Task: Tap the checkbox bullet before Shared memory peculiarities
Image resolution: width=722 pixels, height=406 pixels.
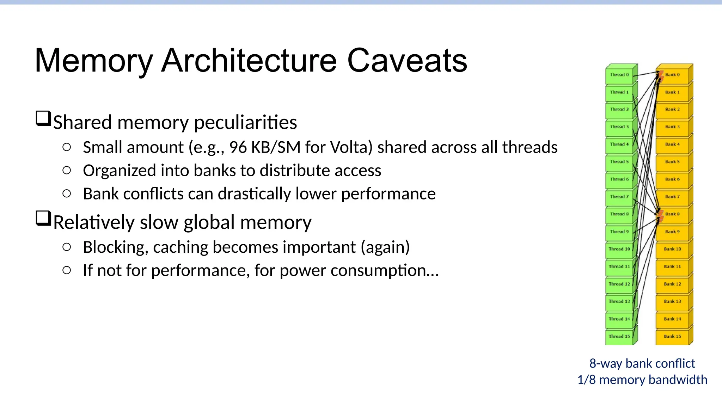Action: [x=43, y=118]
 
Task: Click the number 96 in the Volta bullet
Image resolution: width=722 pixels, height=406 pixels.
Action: [x=238, y=147]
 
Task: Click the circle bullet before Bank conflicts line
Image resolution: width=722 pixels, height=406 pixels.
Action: [x=67, y=193]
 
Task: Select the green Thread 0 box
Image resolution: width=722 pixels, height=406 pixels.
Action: [x=619, y=75]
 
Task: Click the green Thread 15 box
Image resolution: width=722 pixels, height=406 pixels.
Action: [x=619, y=336]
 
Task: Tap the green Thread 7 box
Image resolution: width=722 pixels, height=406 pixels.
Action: [x=619, y=197]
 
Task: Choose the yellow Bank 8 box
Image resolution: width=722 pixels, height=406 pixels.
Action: [x=672, y=214]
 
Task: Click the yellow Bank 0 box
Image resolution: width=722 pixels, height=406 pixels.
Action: [x=672, y=75]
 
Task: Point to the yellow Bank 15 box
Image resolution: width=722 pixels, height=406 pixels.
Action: [x=672, y=336]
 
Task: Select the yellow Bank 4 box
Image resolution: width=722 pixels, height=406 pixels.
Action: [x=672, y=144]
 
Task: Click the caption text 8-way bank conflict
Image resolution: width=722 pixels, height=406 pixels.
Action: [x=642, y=363]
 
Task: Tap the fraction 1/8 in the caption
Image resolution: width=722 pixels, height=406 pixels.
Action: [x=586, y=380]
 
